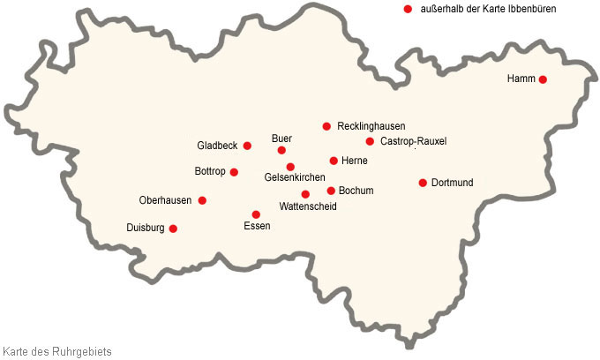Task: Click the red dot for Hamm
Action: [543, 79]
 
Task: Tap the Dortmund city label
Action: [453, 183]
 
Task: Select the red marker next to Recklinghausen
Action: [326, 126]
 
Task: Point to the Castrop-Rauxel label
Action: [413, 141]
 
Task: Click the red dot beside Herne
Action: [334, 161]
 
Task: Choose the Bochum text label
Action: [356, 191]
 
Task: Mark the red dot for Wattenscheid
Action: [305, 194]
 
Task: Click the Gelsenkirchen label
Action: [295, 178]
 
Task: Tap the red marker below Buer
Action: [281, 150]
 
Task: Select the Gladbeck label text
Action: [217, 146]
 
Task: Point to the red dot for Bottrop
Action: [234, 172]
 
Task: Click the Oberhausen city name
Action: [166, 200]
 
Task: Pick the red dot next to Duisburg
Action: [173, 229]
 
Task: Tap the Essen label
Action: [256, 227]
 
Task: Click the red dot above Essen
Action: [256, 214]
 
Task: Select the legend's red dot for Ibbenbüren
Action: [408, 9]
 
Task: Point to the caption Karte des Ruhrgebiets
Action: [57, 351]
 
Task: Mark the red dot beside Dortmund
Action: [423, 183]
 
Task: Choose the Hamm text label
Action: [521, 79]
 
